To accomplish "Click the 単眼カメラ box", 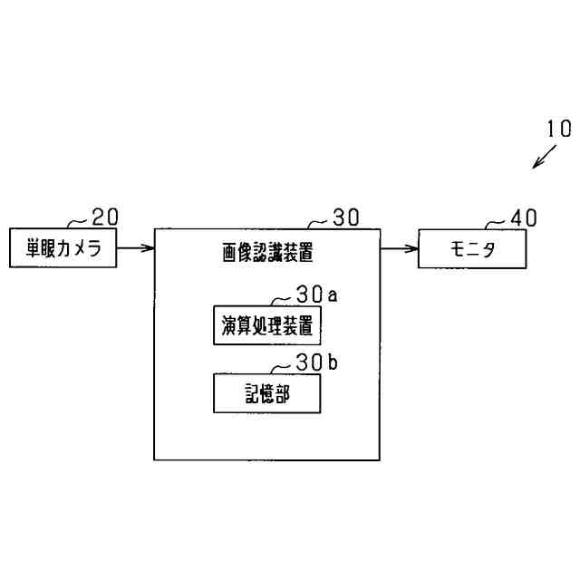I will [x=63, y=248].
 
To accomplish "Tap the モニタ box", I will [x=471, y=248].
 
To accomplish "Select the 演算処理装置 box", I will [x=267, y=324].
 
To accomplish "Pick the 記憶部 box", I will [x=267, y=393].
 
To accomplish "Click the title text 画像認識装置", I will [x=267, y=253].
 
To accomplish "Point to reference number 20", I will [x=105, y=217].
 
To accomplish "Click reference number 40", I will [x=523, y=217].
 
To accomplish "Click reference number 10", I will [x=558, y=128].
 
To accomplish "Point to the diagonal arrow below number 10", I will [x=546, y=156].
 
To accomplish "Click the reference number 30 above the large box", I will [x=345, y=217].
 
